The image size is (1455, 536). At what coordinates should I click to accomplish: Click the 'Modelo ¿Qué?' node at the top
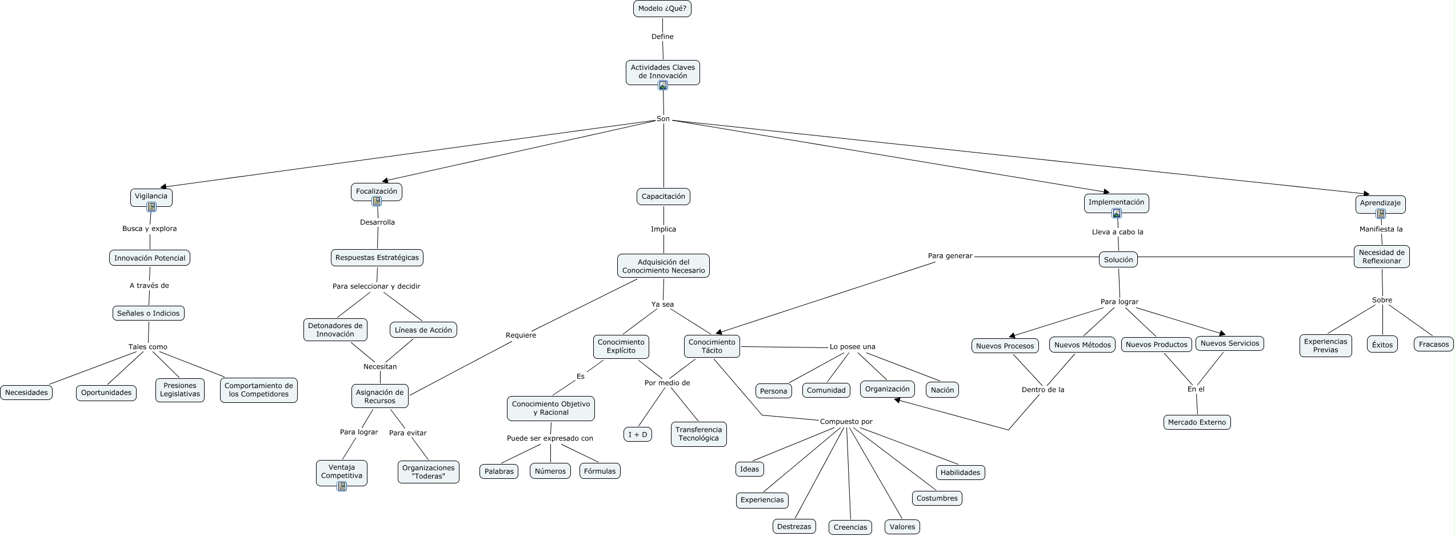662,9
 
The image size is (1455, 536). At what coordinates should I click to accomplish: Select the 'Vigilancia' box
151,196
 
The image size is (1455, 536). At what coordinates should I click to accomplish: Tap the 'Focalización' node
376,191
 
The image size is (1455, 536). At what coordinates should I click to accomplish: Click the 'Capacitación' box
663,196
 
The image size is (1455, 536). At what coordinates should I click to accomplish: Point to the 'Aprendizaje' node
1380,203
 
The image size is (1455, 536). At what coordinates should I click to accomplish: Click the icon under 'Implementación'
1116,213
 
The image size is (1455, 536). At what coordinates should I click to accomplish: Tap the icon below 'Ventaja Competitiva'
341,486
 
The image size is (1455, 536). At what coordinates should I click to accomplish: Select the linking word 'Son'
663,119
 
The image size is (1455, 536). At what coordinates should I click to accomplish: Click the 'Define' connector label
662,37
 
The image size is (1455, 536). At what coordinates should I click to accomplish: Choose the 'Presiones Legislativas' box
179,390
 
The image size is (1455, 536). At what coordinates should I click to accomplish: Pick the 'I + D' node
637,434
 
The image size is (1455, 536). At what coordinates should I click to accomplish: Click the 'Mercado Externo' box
1197,422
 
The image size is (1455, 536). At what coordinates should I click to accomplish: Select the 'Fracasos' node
1433,344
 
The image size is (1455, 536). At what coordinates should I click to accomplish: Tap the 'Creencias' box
850,527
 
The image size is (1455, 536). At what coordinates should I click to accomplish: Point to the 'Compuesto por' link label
846,422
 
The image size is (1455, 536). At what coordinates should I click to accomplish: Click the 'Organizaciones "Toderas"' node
428,472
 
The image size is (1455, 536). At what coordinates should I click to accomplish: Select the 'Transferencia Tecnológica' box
698,434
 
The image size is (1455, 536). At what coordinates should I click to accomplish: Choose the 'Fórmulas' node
599,471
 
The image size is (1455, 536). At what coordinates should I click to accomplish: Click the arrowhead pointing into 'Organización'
897,401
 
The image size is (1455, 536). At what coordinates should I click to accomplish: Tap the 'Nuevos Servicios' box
1229,343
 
